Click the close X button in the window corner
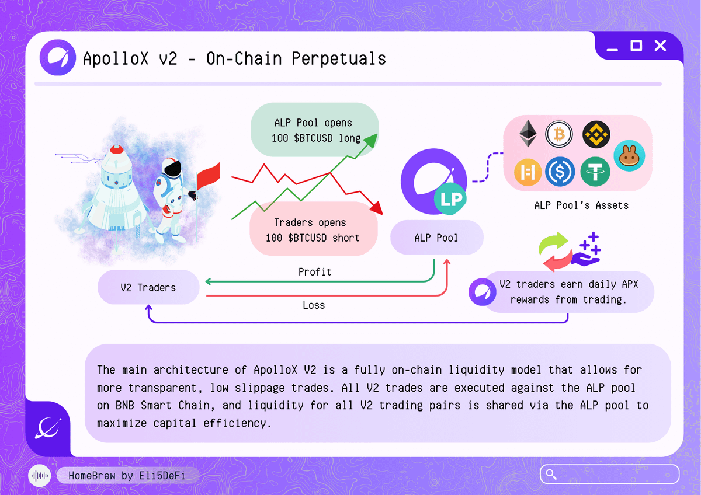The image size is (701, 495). point(660,46)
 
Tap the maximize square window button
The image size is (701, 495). point(636,46)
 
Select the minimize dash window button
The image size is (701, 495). point(612,50)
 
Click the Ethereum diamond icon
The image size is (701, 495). point(528,134)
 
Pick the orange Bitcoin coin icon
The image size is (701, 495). point(559,134)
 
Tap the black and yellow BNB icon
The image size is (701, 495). point(596,134)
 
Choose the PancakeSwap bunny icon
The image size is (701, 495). point(629,156)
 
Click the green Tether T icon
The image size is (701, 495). point(595,172)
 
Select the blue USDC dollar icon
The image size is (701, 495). point(560,172)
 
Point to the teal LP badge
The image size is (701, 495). point(450,199)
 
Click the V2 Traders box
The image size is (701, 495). point(148,287)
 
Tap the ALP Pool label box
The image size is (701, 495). point(436,238)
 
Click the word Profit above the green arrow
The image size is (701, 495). point(315,272)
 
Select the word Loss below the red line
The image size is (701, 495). point(314,305)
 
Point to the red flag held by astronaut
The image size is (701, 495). point(209,176)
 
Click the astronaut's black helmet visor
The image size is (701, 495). point(173,169)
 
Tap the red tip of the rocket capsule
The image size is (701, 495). point(117,149)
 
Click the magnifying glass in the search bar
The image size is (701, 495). point(551,475)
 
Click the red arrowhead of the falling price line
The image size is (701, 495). point(377,208)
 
